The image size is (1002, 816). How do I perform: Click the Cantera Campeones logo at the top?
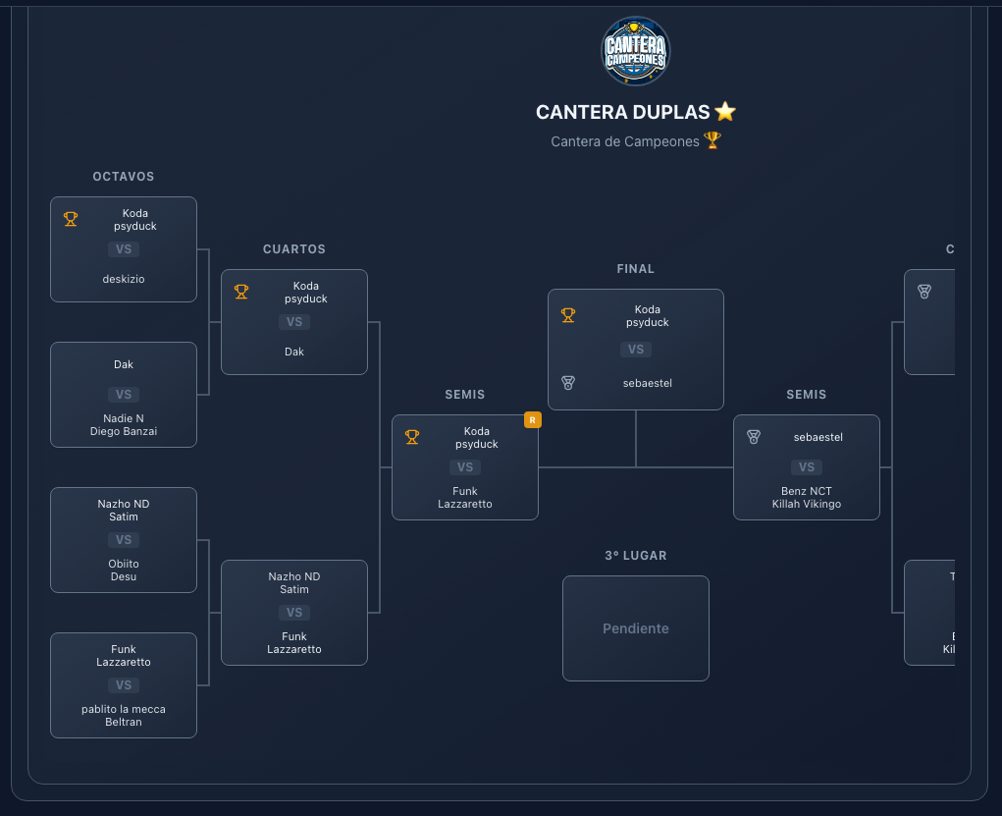click(635, 51)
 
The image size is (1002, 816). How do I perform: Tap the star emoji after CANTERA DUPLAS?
click(725, 112)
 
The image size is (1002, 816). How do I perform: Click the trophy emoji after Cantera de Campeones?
click(712, 140)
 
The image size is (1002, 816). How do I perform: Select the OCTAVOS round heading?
click(124, 177)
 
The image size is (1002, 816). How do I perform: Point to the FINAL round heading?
click(635, 269)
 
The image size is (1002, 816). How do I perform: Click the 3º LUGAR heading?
click(635, 556)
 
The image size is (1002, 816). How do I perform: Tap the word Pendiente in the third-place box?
click(635, 628)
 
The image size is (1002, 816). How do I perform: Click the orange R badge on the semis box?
click(532, 420)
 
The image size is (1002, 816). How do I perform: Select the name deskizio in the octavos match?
click(124, 279)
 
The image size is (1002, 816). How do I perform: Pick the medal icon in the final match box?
click(568, 382)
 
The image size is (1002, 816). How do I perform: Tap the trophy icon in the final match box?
click(568, 315)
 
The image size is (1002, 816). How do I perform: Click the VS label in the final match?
click(636, 350)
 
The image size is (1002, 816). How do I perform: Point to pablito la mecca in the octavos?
click(124, 709)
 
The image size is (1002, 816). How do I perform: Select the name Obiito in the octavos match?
click(124, 564)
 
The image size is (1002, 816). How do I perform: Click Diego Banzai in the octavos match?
click(124, 430)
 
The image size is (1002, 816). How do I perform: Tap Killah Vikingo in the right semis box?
click(807, 504)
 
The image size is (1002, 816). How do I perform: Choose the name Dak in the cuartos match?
click(294, 352)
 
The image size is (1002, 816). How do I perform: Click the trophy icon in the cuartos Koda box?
click(241, 292)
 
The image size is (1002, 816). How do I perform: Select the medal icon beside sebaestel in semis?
click(754, 437)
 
